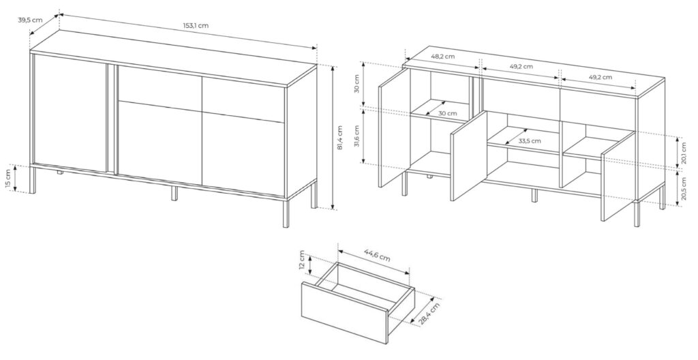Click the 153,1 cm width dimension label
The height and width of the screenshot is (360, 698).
click(196, 26)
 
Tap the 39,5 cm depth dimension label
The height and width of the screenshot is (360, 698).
click(30, 20)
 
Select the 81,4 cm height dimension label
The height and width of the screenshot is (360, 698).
click(339, 139)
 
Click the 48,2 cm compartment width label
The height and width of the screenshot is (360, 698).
click(443, 57)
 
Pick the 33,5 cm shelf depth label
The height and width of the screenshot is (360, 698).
click(529, 141)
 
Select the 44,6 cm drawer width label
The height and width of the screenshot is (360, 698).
click(377, 257)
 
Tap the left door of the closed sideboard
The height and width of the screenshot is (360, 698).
click(70, 113)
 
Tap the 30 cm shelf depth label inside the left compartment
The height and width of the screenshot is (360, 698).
click(447, 113)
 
